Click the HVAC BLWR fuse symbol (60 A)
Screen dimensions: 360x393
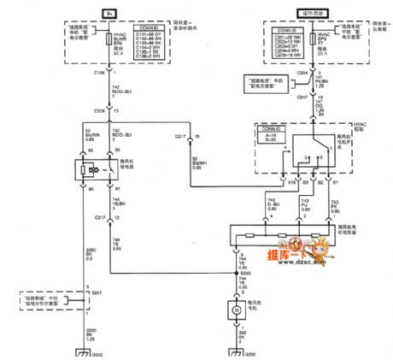(x=113, y=52)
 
